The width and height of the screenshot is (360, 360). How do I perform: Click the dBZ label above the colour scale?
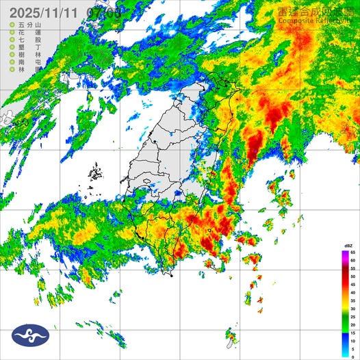point(348,245)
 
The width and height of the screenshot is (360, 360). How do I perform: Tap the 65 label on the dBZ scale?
point(352,253)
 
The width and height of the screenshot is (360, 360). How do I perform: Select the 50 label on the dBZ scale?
point(352,276)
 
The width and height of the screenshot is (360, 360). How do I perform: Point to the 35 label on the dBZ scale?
point(352,299)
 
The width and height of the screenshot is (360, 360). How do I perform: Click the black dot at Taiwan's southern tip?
point(171,275)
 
